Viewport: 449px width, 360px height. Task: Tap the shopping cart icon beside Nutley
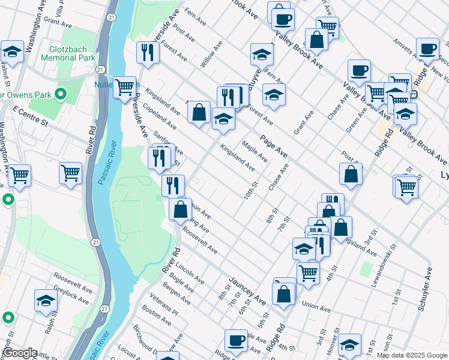pos(124,87)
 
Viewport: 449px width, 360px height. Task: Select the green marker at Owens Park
pos(60,94)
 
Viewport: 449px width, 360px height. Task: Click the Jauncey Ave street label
pos(246,291)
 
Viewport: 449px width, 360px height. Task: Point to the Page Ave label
pos(274,147)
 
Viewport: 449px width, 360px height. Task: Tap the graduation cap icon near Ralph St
pos(46,301)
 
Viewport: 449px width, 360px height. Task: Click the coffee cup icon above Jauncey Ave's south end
pos(236,340)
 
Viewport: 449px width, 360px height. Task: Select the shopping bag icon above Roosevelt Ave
pos(181,209)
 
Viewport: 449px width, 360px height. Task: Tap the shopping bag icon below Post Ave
pos(351,174)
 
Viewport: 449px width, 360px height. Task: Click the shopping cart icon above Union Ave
pos(308,272)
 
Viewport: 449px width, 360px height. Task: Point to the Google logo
pos(20,353)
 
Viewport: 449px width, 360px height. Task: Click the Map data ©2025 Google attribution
pos(411,355)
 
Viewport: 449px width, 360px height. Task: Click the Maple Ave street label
pos(255,151)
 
